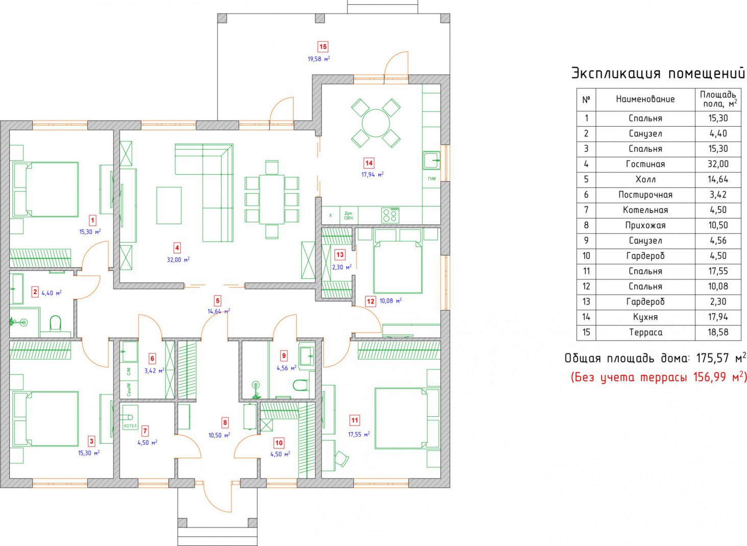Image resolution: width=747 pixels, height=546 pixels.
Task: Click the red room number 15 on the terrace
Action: point(323,46)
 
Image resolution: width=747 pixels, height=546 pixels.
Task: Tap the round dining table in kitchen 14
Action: point(376,123)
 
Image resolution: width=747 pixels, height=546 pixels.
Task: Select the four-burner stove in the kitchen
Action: point(390,215)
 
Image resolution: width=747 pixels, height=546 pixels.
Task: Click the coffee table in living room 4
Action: point(169,205)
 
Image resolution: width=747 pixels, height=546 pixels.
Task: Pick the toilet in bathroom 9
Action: point(300,386)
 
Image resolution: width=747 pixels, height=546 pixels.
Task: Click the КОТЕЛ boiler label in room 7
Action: point(130,426)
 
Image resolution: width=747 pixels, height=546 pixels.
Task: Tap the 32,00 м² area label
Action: point(178,259)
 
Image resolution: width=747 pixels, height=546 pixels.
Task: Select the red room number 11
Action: point(354,420)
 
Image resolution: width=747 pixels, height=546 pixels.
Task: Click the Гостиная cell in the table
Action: point(645,164)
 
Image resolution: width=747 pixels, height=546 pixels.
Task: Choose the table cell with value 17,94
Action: point(718,317)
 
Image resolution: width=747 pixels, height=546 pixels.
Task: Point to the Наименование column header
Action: point(645,99)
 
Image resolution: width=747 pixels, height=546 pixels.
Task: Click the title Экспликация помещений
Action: point(658,74)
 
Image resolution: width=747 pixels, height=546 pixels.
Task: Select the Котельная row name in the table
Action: point(645,210)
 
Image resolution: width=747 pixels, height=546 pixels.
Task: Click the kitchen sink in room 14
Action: point(431,160)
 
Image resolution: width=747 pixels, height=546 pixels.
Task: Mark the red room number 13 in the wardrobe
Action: point(340,255)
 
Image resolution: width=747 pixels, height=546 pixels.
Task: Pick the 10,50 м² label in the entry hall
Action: point(219,435)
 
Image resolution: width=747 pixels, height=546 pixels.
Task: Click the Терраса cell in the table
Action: point(645,332)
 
